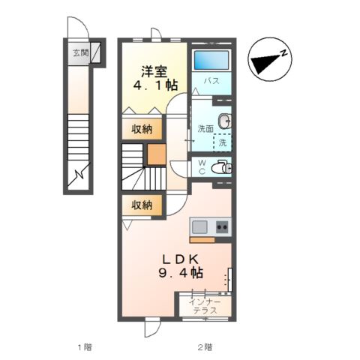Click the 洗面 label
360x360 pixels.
pyautogui.click(x=205, y=129)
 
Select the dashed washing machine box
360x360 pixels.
pyautogui.click(x=223, y=142)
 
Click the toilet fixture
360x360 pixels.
pyautogui.click(x=221, y=166)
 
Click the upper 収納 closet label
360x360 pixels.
pyautogui.click(x=142, y=129)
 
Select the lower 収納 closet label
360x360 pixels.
pyautogui.click(x=142, y=204)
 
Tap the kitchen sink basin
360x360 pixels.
pyautogui.click(x=200, y=226)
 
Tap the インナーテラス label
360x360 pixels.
pyautogui.click(x=205, y=306)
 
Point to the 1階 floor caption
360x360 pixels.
pyautogui.click(x=84, y=346)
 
